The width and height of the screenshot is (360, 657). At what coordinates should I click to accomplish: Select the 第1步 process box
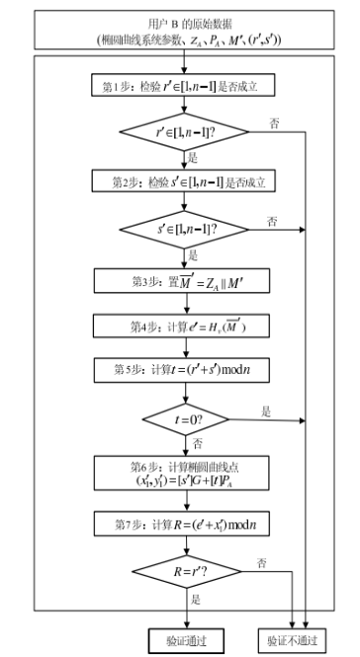pyautogui.click(x=182, y=85)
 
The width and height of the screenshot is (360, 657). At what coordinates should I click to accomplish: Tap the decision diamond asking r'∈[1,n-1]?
pyautogui.click(x=182, y=131)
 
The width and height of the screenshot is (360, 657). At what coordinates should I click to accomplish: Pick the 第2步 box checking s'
pyautogui.click(x=182, y=182)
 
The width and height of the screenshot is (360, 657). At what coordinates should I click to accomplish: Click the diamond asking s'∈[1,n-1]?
pyautogui.click(x=182, y=229)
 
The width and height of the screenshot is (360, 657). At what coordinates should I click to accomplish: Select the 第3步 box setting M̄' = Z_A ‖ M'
pyautogui.click(x=182, y=281)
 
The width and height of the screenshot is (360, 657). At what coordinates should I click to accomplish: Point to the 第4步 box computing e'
pyautogui.click(x=182, y=325)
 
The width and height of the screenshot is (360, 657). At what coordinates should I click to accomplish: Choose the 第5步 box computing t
pyautogui.click(x=182, y=369)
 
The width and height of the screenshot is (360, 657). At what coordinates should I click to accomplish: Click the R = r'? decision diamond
pyautogui.click(x=182, y=571)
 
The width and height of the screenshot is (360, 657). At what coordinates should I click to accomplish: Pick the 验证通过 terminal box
pyautogui.click(x=182, y=638)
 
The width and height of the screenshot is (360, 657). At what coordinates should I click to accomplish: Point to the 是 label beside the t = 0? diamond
pyautogui.click(x=265, y=410)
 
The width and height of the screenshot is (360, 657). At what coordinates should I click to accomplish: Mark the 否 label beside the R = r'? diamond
pyautogui.click(x=261, y=562)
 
